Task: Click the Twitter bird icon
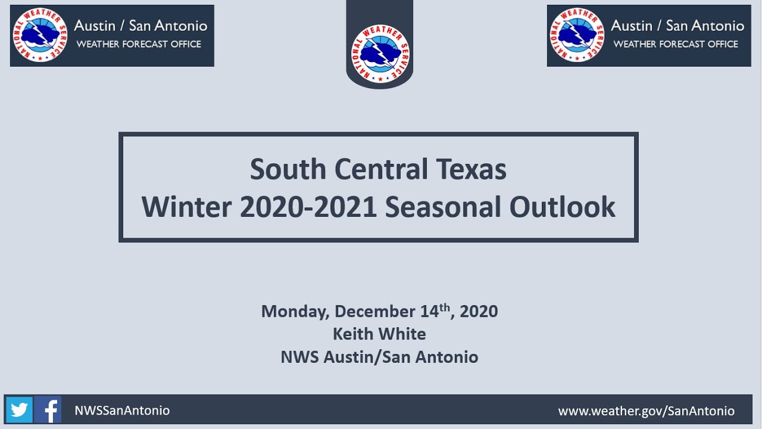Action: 19,410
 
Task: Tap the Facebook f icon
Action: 48,410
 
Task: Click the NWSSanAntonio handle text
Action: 122,411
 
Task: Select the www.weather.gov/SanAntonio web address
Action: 646,411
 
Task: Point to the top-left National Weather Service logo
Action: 40,35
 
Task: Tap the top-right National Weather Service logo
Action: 577,35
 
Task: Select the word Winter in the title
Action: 186,207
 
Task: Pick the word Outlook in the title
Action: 562,207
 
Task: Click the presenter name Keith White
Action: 379,334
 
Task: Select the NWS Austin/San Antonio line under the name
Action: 379,357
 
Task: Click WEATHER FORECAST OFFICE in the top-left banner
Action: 139,44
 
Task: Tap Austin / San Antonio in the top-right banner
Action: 677,26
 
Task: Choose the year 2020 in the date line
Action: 479,312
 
